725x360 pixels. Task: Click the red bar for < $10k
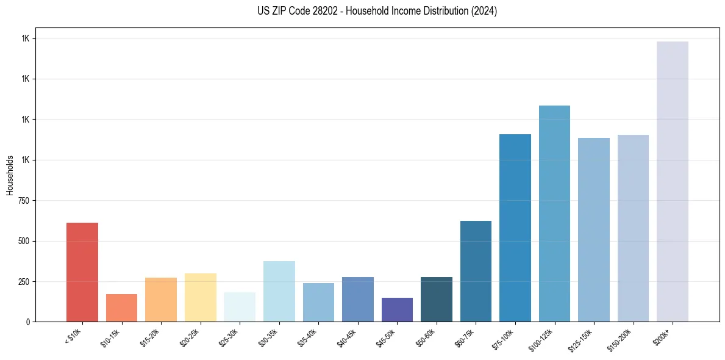pos(82,272)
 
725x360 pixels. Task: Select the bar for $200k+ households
pos(673,181)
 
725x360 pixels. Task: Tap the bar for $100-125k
pos(554,214)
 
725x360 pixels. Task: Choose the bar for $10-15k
pos(121,308)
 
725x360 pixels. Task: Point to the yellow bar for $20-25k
pos(201,298)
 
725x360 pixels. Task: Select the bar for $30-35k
pos(279,292)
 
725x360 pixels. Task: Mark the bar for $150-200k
pos(633,228)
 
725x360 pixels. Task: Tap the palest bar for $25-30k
pos(240,307)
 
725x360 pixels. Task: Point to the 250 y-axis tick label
pos(24,282)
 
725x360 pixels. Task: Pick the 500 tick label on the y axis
pos(24,241)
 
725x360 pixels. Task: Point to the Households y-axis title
pos(10,175)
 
